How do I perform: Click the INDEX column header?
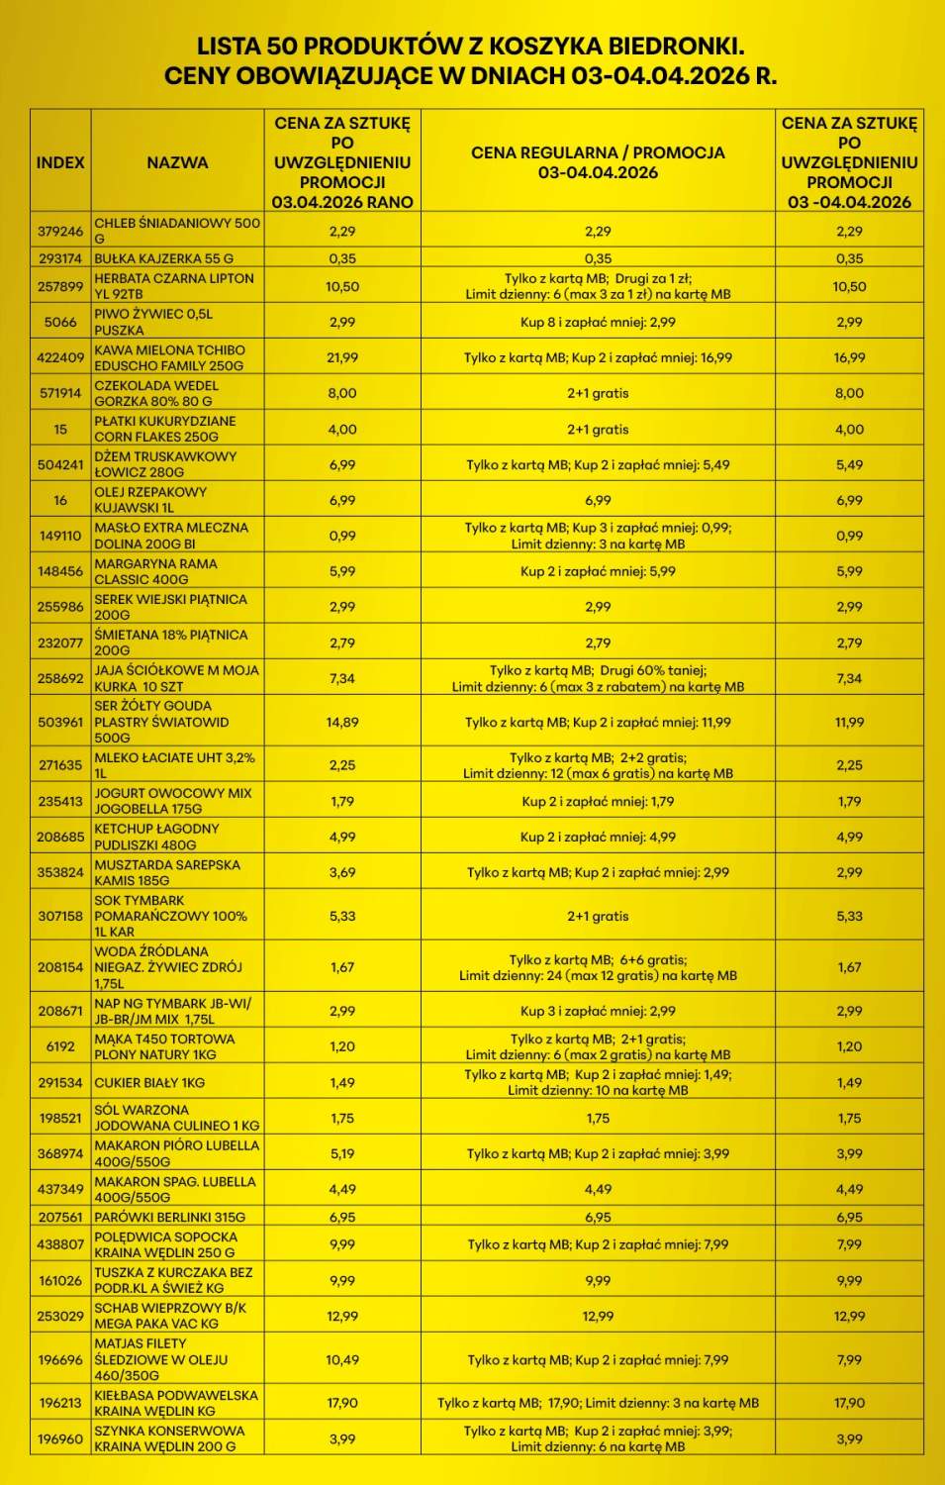click(x=60, y=162)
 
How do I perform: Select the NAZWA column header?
click(x=177, y=162)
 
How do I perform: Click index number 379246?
click(x=60, y=231)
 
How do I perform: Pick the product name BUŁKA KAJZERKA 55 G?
click(x=164, y=258)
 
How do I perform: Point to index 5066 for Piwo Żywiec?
click(x=60, y=322)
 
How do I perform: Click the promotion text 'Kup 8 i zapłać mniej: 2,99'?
click(x=598, y=322)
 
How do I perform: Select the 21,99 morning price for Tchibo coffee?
click(x=342, y=357)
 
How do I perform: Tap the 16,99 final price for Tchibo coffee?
click(x=849, y=357)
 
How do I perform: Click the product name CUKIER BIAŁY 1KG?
click(x=149, y=1082)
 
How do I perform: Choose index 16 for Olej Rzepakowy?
click(x=60, y=500)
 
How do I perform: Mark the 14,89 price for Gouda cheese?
click(x=342, y=722)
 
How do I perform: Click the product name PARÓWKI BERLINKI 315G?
click(x=169, y=1217)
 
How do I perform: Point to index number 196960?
click(x=60, y=1438)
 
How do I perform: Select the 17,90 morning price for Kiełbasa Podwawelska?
click(x=342, y=1403)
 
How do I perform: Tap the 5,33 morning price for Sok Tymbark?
click(x=342, y=916)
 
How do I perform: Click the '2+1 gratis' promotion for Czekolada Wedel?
click(x=598, y=393)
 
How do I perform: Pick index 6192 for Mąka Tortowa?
click(x=60, y=1046)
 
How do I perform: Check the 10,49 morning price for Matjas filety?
click(x=342, y=1359)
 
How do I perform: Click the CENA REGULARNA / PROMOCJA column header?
click(x=598, y=162)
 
